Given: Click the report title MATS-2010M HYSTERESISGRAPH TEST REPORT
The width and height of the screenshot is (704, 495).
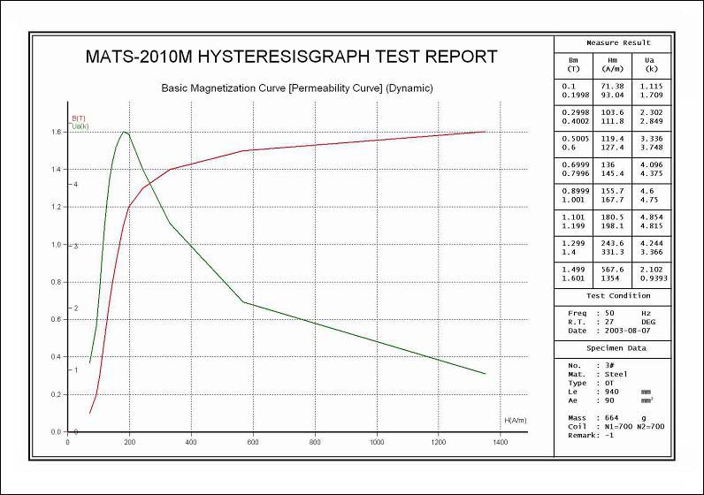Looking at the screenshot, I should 291,57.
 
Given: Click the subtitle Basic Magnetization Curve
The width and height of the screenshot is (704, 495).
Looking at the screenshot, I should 296,88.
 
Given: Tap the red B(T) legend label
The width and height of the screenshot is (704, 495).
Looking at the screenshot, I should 78,118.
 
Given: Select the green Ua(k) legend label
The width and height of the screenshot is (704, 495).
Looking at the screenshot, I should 80,126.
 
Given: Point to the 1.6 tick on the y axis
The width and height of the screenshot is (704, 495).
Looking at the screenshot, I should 57,133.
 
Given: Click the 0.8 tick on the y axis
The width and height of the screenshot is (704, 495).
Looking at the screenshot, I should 57,282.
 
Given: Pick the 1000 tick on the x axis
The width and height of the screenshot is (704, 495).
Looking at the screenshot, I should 377,441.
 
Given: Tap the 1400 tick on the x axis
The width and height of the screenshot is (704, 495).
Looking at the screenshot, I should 500,441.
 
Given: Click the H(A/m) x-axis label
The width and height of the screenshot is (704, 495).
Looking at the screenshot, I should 516,420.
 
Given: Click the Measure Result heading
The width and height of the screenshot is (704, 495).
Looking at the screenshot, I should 618,42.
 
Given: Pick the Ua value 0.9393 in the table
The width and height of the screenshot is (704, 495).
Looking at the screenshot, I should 653,278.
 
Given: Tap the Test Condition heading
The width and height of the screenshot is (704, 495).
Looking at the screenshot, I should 618,295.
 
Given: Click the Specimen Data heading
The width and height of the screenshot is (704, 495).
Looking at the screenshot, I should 618,347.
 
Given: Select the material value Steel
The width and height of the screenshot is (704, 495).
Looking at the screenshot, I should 616,374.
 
